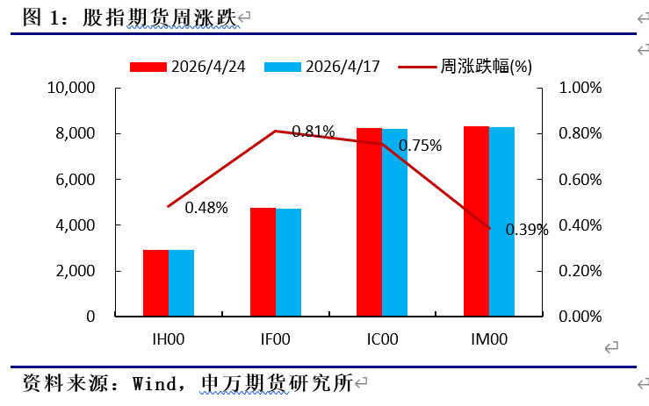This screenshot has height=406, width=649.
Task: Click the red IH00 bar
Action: pyautogui.click(x=156, y=282)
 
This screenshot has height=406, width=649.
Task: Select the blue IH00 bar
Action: pyautogui.click(x=182, y=282)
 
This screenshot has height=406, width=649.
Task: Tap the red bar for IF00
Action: pyautogui.click(x=263, y=261)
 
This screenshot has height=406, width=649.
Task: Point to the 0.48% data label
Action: pyautogui.click(x=206, y=208)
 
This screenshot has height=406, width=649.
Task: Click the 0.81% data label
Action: pyautogui.click(x=314, y=132)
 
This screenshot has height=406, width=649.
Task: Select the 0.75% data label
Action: pyautogui.click(x=421, y=146)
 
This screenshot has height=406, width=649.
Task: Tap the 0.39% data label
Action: pyautogui.click(x=527, y=230)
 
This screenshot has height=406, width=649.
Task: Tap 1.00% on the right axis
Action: pyautogui.click(x=580, y=89)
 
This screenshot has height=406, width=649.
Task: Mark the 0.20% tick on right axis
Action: pyautogui.click(x=580, y=271)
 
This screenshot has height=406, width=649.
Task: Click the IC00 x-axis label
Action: pyautogui.click(x=382, y=338)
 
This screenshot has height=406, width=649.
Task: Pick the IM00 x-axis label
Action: pyautogui.click(x=488, y=338)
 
